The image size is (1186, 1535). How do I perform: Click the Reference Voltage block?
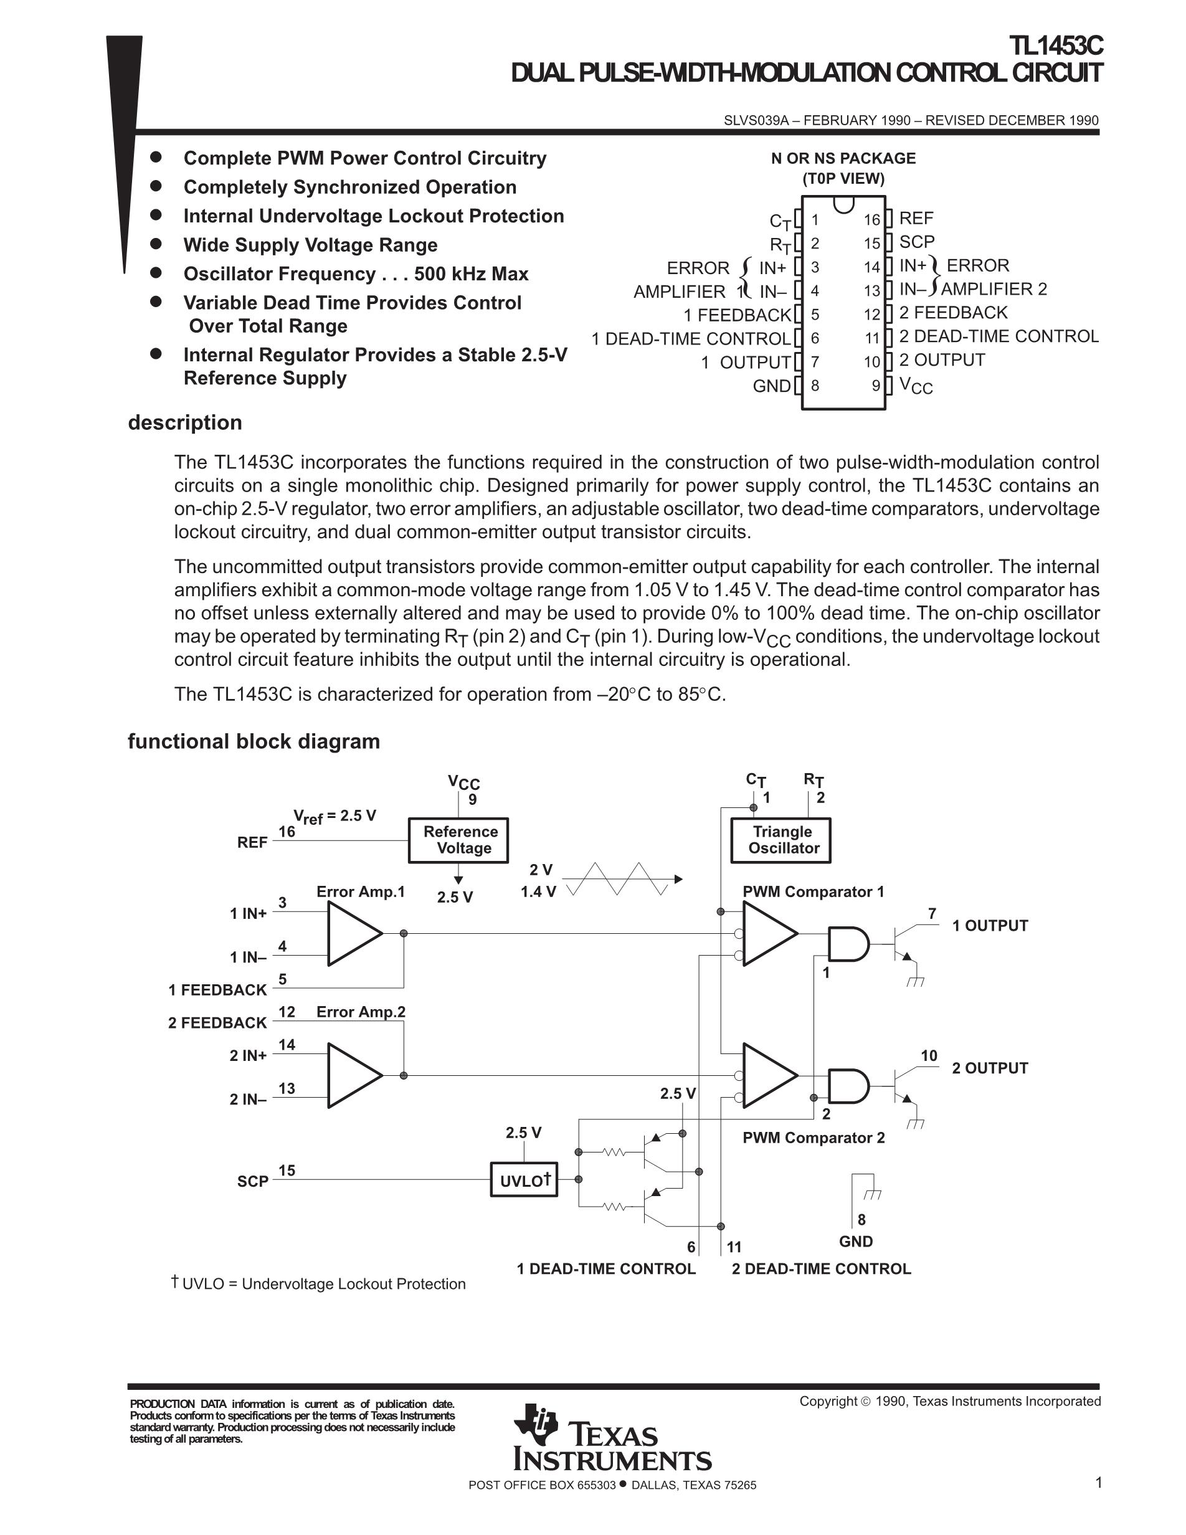[458, 840]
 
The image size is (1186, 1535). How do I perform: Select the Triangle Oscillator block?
[781, 840]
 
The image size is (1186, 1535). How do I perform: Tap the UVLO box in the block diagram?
[524, 1180]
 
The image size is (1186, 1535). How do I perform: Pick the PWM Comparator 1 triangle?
[769, 933]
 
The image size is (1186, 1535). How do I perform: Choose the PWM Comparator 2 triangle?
[769, 1075]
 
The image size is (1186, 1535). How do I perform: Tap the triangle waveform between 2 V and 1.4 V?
[619, 878]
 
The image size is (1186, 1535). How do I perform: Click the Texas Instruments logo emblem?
[536, 1423]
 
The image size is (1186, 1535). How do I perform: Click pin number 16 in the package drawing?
[872, 219]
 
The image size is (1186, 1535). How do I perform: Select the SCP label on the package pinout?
[917, 242]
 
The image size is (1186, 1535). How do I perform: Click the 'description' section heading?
[185, 422]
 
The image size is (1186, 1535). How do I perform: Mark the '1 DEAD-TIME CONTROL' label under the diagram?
[605, 1268]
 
